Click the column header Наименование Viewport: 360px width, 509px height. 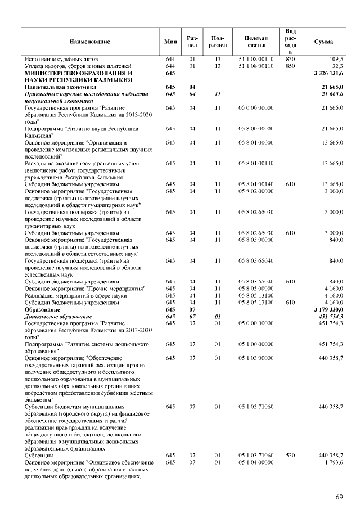click(89, 42)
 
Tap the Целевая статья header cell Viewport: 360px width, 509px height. click(256, 42)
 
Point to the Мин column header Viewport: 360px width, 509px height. click(170, 42)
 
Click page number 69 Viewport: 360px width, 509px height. click(339, 496)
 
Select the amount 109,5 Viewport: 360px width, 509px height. click(336, 59)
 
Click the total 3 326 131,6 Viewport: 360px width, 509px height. click(328, 73)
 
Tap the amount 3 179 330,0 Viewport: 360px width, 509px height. click(328, 309)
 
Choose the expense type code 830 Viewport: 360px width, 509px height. click(291, 59)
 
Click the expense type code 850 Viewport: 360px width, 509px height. click(291, 66)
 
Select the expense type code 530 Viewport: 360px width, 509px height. click(291, 455)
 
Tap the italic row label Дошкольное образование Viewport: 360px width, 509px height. click(61, 316)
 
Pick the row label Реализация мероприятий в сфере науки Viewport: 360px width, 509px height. click(71, 295)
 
